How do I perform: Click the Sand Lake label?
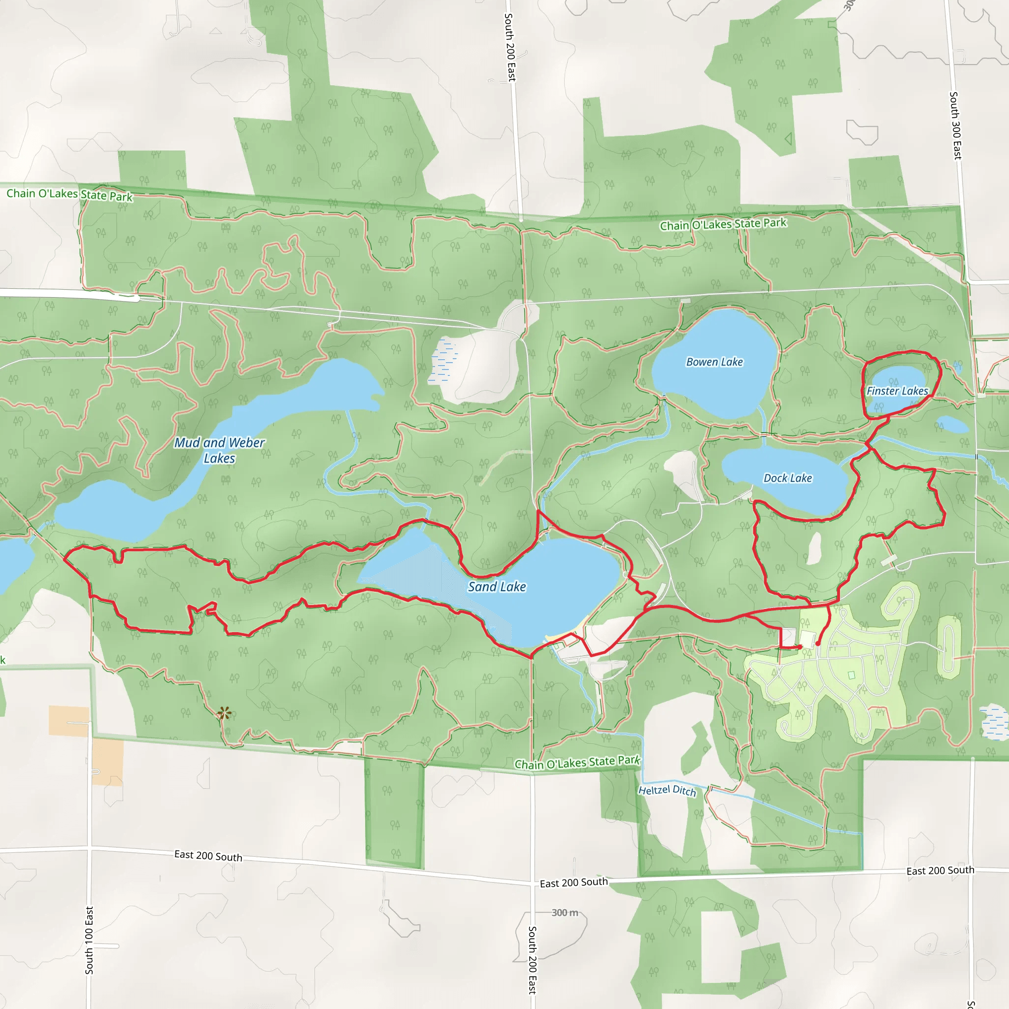(497, 586)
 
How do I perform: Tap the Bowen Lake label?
(714, 362)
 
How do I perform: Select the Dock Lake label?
(788, 478)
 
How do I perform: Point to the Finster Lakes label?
(897, 391)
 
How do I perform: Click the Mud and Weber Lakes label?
(219, 450)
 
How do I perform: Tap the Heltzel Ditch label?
(667, 790)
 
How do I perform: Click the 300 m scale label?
(565, 912)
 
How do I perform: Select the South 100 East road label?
(89, 940)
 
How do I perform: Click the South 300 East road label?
(955, 125)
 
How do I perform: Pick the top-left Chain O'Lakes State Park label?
(69, 194)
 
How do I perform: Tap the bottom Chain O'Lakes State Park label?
(577, 763)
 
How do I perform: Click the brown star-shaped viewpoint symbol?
(225, 713)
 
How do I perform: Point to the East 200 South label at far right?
(940, 870)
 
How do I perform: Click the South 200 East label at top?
(510, 47)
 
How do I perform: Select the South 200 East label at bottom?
(532, 960)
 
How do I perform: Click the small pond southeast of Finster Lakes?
(953, 425)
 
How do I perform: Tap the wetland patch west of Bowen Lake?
(443, 360)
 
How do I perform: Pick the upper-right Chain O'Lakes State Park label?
(723, 224)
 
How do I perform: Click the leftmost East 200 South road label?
(208, 856)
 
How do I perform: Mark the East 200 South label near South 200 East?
(573, 882)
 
